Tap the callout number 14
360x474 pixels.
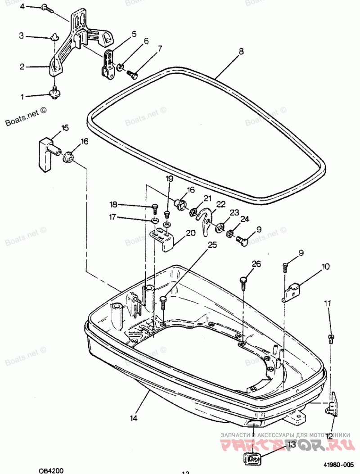tap(134, 418)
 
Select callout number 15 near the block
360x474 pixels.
tap(65, 128)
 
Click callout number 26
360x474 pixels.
tap(256, 264)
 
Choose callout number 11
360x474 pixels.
tap(328, 304)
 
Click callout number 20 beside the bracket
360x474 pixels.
tap(190, 233)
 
